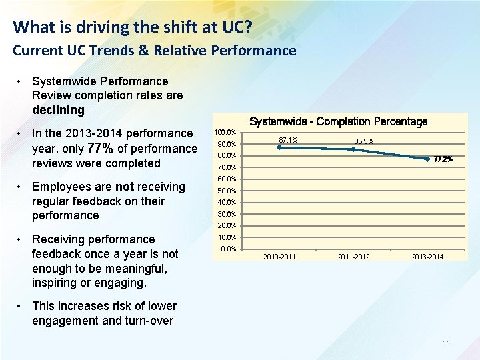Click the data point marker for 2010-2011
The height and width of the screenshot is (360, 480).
[x=279, y=147]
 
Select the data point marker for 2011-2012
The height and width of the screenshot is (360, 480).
[x=353, y=149]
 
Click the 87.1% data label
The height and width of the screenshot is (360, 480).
[x=288, y=140]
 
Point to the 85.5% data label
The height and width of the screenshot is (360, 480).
[x=363, y=141]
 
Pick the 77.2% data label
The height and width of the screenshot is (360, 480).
[x=443, y=159]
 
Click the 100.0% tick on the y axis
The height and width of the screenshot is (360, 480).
[x=227, y=133]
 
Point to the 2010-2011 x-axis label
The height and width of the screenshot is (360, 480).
[x=279, y=257]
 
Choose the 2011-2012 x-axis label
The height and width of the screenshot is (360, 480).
[x=353, y=257]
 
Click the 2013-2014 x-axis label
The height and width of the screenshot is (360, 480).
[x=427, y=257]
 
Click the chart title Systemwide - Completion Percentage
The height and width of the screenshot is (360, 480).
[x=338, y=121]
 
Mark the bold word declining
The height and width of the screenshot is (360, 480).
[x=58, y=110]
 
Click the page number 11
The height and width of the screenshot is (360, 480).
[x=447, y=343]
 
